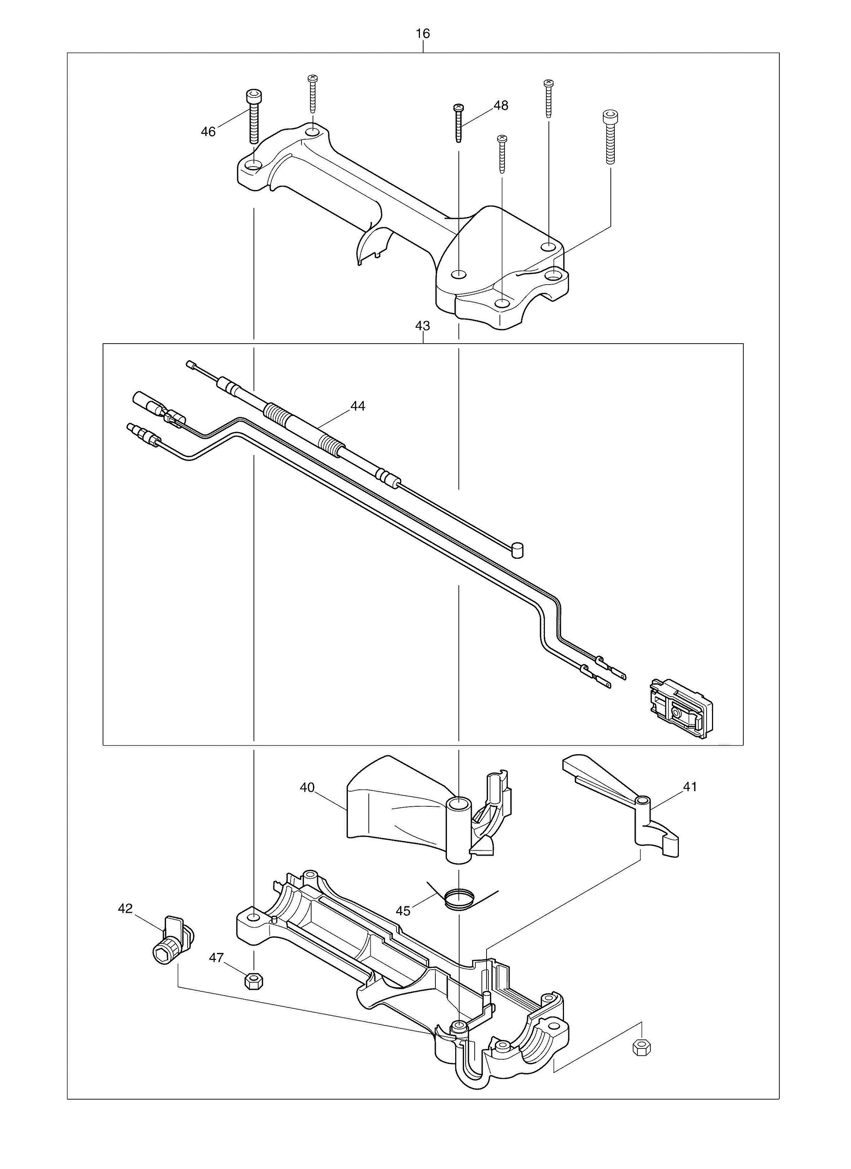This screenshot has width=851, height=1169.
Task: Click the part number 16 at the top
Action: [422, 34]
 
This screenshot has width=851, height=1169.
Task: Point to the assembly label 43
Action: [422, 326]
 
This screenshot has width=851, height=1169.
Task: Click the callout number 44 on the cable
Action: [358, 406]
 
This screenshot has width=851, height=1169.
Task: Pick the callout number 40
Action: [308, 788]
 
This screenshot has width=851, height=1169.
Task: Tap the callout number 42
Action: [125, 909]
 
